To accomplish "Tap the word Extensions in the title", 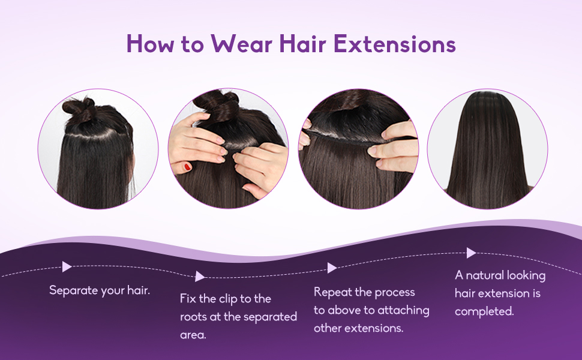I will (x=395, y=44).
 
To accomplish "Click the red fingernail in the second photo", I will (x=187, y=166).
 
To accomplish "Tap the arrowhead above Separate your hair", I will (x=67, y=266).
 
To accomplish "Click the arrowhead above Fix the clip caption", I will (x=200, y=276).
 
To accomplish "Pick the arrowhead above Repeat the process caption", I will (x=332, y=268).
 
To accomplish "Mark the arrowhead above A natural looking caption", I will (x=471, y=253).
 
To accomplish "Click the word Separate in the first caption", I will (x=74, y=290).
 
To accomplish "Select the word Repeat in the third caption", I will (x=333, y=293).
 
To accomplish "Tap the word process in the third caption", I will (x=395, y=293).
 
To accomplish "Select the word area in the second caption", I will (x=193, y=335).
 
